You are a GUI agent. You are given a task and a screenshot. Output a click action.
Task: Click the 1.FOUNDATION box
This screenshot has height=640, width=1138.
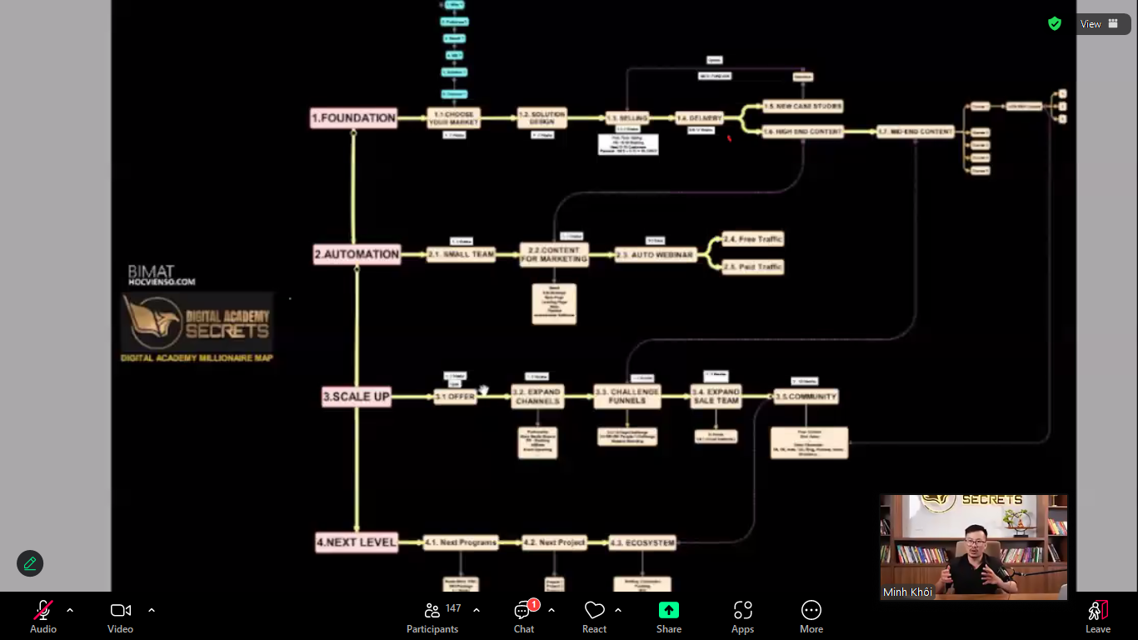(353, 118)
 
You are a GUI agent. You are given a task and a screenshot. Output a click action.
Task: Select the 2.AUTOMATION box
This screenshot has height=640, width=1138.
(357, 254)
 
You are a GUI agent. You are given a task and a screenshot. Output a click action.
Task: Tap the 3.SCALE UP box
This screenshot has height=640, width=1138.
(357, 397)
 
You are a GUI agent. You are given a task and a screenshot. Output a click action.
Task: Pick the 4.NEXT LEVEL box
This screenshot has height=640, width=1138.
(357, 542)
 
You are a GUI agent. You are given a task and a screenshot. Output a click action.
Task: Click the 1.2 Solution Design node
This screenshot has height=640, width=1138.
(542, 118)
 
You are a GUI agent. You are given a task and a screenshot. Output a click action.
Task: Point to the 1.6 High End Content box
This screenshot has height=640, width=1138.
(803, 132)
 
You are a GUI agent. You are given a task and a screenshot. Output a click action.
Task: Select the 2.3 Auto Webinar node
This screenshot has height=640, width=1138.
(655, 255)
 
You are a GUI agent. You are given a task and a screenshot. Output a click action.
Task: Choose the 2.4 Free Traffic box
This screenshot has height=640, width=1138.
(753, 239)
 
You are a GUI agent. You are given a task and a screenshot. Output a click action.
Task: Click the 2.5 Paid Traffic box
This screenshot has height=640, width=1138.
(753, 267)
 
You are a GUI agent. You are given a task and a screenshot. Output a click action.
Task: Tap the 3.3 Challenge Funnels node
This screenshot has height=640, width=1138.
(627, 397)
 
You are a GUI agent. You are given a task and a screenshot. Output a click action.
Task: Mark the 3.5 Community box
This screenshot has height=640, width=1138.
(806, 397)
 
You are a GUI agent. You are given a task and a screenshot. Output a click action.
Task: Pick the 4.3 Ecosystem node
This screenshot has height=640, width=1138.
(641, 542)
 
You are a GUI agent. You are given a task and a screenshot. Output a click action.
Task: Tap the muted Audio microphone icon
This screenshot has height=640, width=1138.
(43, 610)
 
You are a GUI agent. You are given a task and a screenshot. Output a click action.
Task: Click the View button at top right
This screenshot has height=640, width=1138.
(1099, 24)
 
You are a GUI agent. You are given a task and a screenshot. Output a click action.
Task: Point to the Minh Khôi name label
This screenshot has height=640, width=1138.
(907, 592)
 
